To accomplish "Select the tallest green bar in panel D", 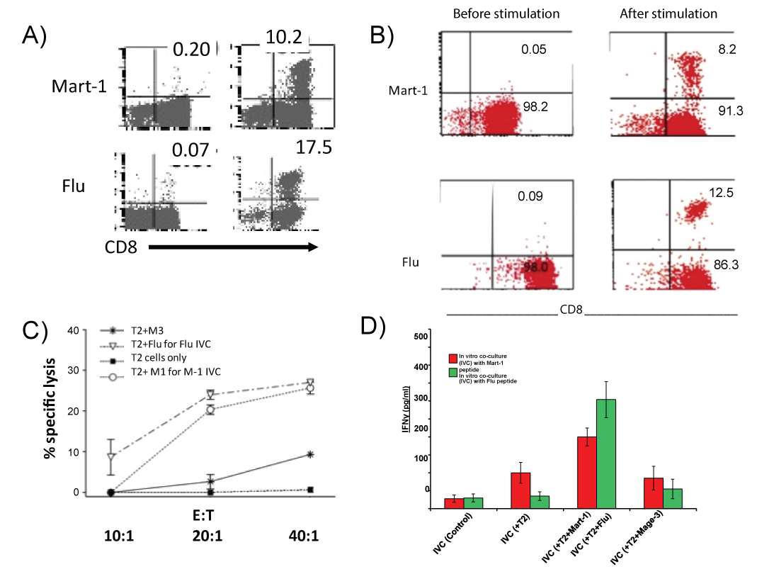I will pos(605,454).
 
